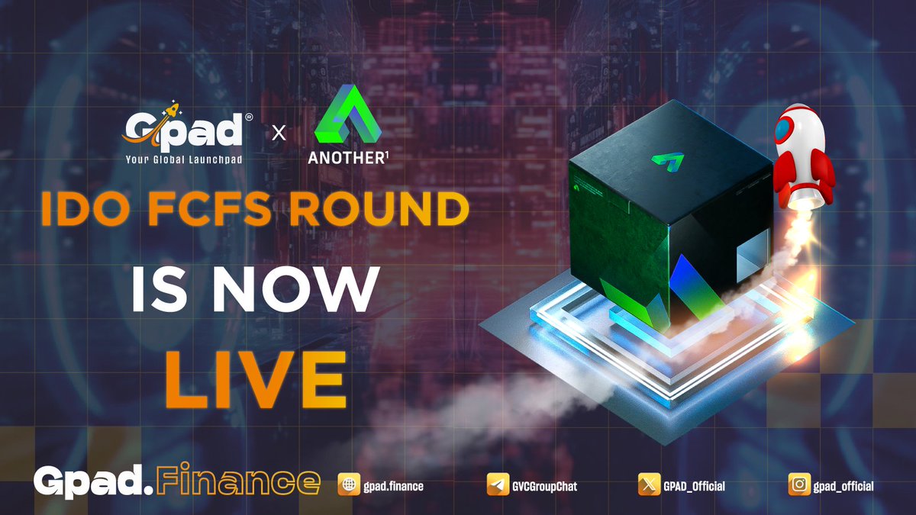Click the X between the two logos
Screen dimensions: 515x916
tap(279, 133)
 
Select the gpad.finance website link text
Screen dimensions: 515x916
tap(392, 486)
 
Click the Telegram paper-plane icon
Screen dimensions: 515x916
tap(498, 485)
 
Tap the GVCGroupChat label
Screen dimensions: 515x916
tap(547, 486)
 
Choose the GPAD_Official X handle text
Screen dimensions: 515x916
tap(694, 486)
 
